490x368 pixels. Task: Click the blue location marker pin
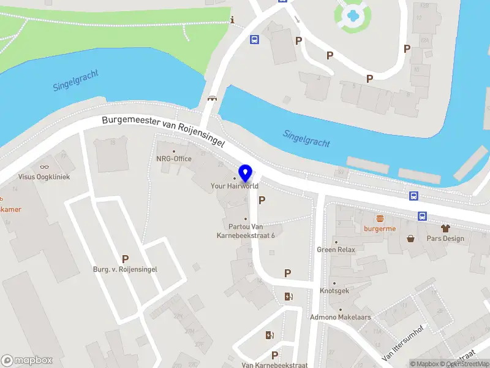[246, 174]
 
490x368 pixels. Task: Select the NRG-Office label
[173, 159]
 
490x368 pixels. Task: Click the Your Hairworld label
[235, 186]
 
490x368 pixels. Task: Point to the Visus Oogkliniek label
[44, 177]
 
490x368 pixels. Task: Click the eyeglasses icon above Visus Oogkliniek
[44, 167]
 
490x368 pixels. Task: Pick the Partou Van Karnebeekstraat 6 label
[246, 231]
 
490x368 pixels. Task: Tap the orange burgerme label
[380, 229]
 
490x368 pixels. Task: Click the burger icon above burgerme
[380, 218]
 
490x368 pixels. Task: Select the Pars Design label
[445, 239]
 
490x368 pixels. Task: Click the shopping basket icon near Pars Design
[410, 238]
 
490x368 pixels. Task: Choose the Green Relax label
[336, 250]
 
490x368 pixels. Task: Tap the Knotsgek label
[334, 291]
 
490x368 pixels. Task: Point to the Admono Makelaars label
[341, 317]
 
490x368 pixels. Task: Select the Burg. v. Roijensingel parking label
[125, 269]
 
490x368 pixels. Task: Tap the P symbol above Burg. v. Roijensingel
[125, 259]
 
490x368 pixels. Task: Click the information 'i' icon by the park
[232, 20]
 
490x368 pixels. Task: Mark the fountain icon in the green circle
[352, 15]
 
